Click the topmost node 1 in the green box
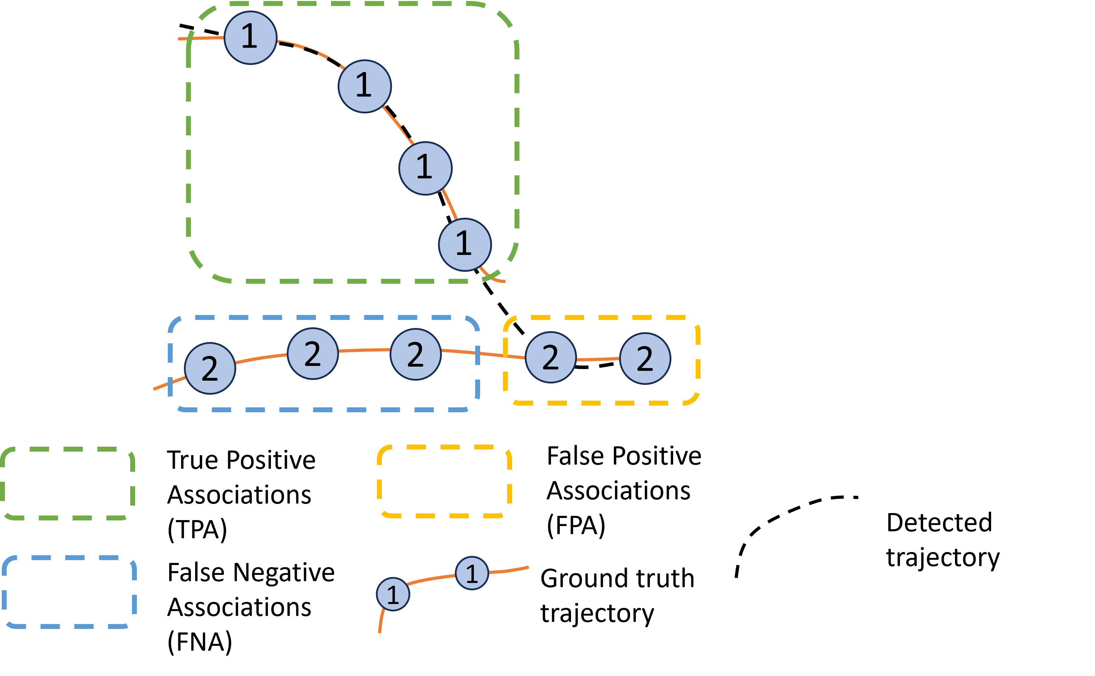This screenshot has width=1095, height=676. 250,38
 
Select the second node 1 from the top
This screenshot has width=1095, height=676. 365,86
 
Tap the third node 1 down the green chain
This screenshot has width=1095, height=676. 425,168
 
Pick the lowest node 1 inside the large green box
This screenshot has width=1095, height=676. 465,244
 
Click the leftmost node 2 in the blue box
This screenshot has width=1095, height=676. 210,368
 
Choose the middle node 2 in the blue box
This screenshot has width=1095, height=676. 313,354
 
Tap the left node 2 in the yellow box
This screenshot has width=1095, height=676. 550,357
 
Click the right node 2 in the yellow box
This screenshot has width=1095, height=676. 645,359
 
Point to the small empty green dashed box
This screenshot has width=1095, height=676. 67,483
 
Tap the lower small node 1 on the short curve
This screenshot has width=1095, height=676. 393,594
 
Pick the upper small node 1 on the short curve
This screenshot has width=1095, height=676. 472,573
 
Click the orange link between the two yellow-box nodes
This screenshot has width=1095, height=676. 597,359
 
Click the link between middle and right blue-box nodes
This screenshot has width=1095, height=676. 364,350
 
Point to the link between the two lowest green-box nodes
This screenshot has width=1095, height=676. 450,204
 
